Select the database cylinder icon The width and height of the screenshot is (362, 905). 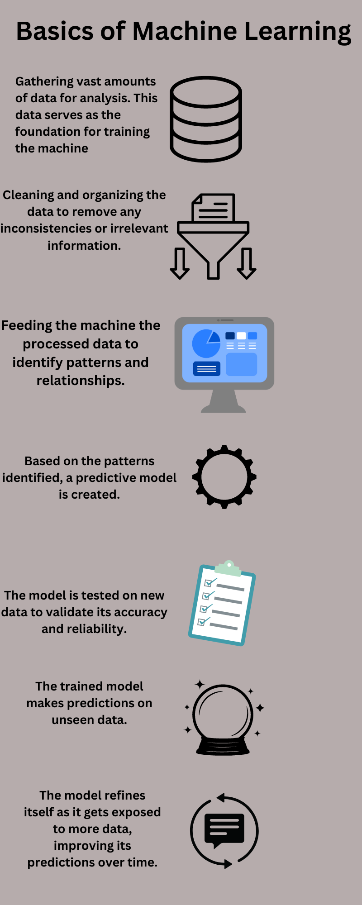(206, 119)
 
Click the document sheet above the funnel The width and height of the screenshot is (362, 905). (213, 208)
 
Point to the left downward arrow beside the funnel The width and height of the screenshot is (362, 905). (180, 263)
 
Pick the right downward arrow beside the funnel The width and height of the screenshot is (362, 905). (247, 263)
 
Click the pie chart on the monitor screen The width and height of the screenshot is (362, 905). (206, 343)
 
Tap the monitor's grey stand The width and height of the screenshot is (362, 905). (224, 401)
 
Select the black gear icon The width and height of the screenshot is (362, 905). (224, 477)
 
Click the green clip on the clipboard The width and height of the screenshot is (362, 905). (229, 568)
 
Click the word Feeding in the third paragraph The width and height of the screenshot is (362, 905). (27, 326)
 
